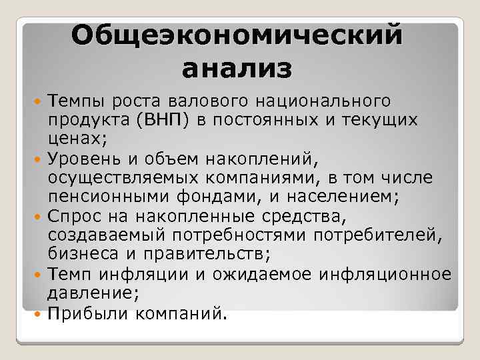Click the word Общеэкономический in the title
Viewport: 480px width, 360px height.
[239, 35]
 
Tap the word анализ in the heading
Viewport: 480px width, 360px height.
[237, 68]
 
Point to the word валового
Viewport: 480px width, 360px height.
[202, 101]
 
